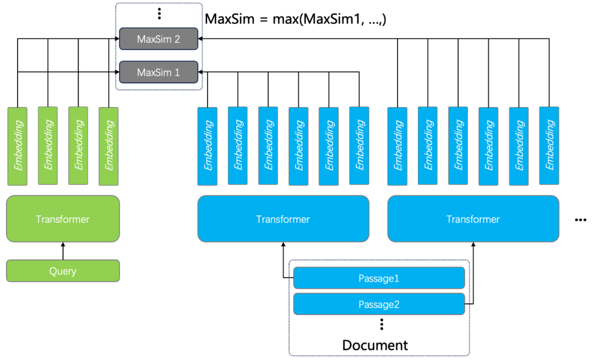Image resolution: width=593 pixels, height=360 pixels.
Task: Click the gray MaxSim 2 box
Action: click(x=159, y=40)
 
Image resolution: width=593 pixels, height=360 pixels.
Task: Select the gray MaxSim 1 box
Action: click(x=159, y=72)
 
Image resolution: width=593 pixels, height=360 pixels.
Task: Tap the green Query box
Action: click(x=63, y=271)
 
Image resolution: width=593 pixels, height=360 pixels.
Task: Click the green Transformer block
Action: click(x=63, y=219)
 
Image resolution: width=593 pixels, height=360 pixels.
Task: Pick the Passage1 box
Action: click(x=379, y=278)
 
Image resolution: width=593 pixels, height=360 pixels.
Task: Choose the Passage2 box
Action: click(x=379, y=304)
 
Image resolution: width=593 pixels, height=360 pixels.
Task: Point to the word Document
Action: click(x=375, y=345)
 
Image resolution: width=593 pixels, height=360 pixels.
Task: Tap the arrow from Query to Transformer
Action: click(x=63, y=251)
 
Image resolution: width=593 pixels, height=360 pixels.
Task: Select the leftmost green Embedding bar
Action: click(x=18, y=145)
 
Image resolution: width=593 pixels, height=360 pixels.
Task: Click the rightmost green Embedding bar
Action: click(x=109, y=145)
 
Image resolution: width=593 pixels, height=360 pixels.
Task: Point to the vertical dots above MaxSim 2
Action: click(x=159, y=14)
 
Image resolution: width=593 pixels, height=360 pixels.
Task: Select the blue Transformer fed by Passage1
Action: click(x=283, y=219)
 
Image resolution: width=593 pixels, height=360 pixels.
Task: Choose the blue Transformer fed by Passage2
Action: click(x=473, y=219)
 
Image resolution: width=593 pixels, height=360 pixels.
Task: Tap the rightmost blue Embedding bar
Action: click(x=549, y=145)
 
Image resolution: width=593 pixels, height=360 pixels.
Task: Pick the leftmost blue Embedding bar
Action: click(x=208, y=145)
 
